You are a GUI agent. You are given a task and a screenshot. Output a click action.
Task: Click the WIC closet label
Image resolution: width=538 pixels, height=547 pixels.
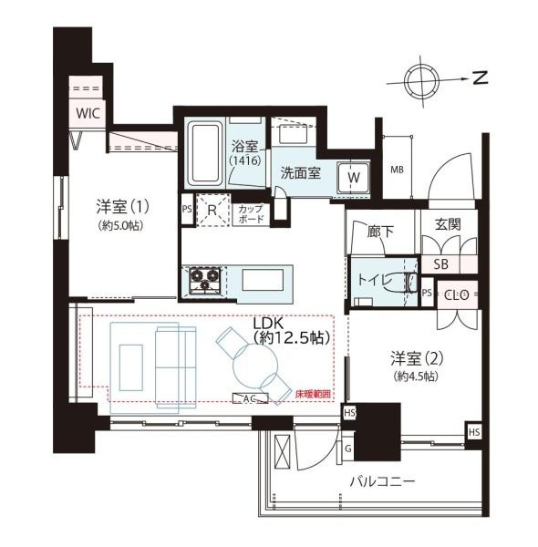click(x=88, y=113)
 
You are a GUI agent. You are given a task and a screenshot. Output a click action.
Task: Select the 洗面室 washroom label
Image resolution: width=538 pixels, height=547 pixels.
click(x=300, y=171)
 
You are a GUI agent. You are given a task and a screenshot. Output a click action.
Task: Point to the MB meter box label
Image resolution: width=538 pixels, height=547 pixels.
click(x=397, y=170)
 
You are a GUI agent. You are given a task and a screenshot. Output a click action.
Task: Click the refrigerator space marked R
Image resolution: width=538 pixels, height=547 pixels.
click(x=212, y=211)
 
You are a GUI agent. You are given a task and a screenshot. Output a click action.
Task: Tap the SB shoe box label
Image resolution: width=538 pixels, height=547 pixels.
click(x=440, y=264)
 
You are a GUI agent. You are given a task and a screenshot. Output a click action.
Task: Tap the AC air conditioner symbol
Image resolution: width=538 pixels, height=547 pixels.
click(x=244, y=398)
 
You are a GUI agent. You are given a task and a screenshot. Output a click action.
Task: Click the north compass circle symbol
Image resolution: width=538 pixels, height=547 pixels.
click(x=422, y=78)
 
